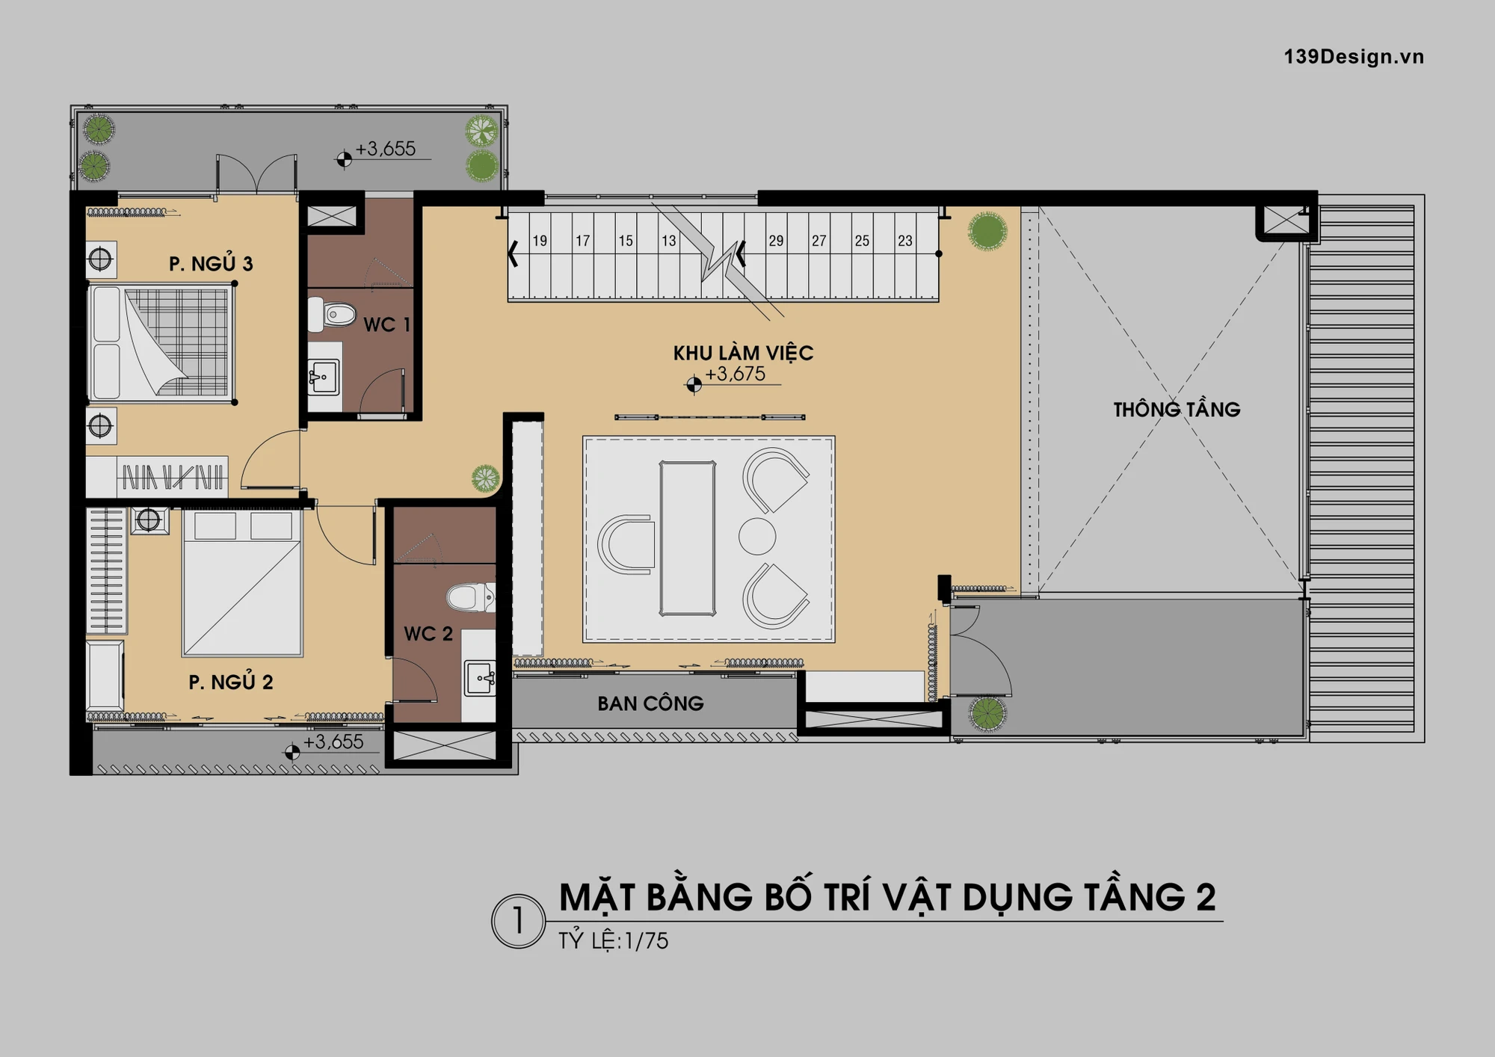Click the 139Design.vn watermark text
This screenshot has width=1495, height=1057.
1354,57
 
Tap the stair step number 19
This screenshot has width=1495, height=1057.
540,241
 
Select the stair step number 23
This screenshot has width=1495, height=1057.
905,241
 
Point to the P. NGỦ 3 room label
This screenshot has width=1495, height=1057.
211,264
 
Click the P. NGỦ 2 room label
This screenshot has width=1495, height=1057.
230,682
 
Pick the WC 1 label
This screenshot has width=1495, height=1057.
386,324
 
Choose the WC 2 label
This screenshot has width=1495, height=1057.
428,634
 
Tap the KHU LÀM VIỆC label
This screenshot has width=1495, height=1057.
743,353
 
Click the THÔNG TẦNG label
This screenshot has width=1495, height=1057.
1177,409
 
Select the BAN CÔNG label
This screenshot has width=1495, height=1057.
650,703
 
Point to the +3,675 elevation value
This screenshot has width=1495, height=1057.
736,374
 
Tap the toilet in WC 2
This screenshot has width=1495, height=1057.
471,598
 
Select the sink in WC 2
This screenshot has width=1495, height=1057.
478,678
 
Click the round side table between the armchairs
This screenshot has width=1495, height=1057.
757,537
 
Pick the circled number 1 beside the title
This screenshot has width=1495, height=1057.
518,922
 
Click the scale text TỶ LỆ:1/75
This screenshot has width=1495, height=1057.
613,940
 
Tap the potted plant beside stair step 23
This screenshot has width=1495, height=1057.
987,230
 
